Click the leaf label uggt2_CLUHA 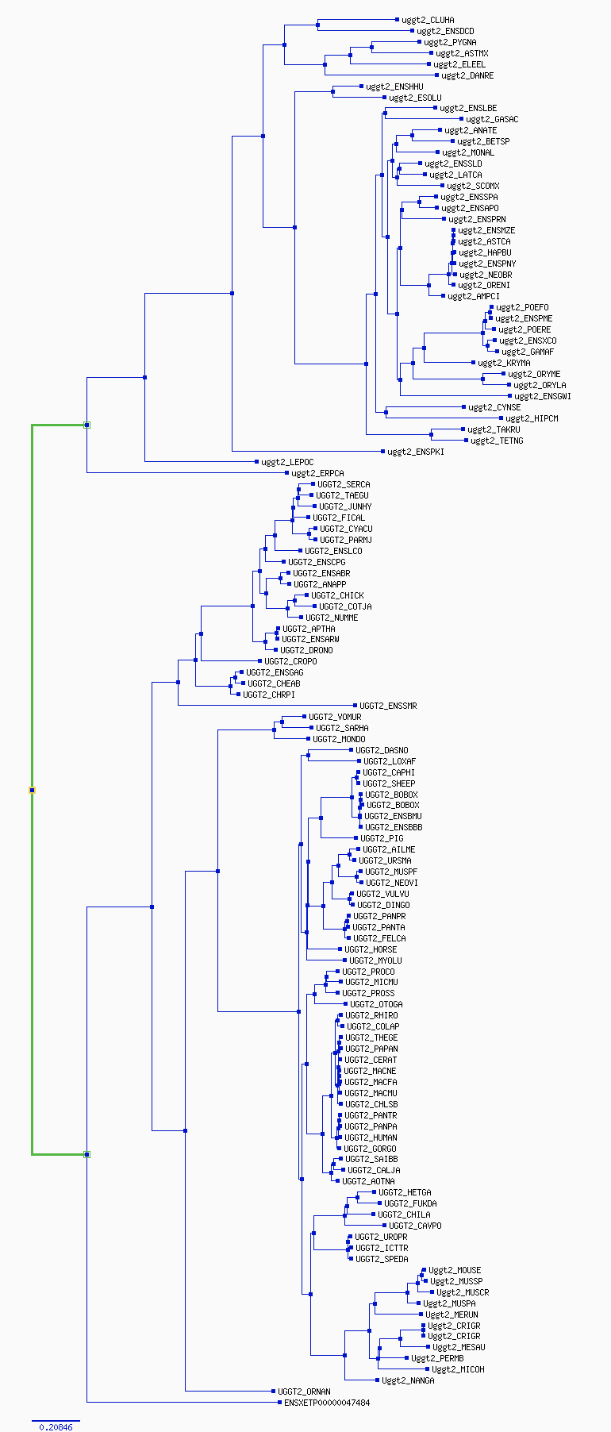pyautogui.click(x=428, y=20)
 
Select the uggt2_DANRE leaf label pyautogui.click(x=467, y=75)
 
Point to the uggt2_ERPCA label pyautogui.click(x=317, y=473)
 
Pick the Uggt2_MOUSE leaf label pyautogui.click(x=455, y=1270)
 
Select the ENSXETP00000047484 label pyautogui.click(x=327, y=1403)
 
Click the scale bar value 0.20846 pyautogui.click(x=56, y=1427)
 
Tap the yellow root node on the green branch pyautogui.click(x=33, y=790)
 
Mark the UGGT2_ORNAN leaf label pyautogui.click(x=304, y=1392)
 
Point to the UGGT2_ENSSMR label pyautogui.click(x=388, y=706)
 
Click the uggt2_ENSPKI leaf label pyautogui.click(x=415, y=452)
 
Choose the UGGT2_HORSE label pyautogui.click(x=371, y=949)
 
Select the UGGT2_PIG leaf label pyautogui.click(x=382, y=838)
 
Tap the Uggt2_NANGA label pyautogui.click(x=408, y=1380)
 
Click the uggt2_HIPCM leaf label pyautogui.click(x=532, y=418)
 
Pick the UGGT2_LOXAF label pyautogui.click(x=389, y=761)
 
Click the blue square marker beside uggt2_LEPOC pyautogui.click(x=256, y=461)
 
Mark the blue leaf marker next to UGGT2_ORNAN pyautogui.click(x=272, y=1391)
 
